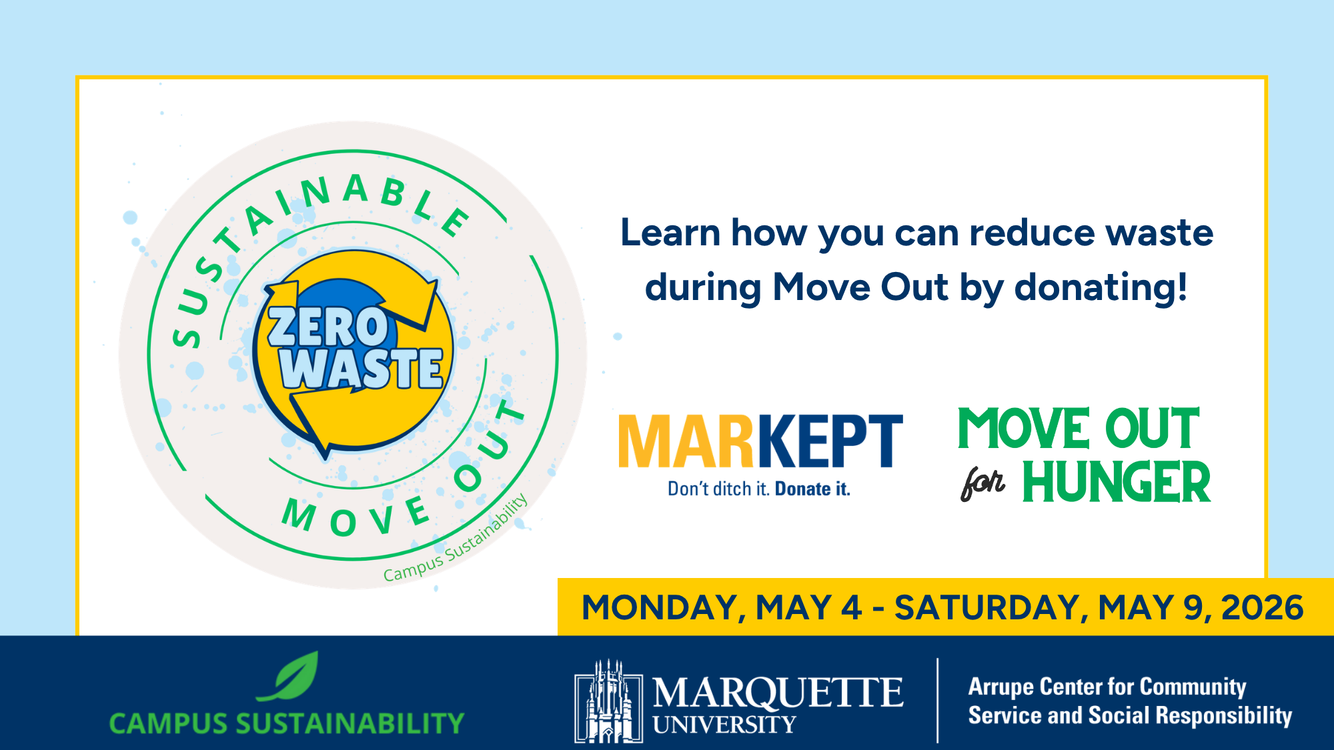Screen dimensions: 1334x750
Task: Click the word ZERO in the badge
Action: (327, 327)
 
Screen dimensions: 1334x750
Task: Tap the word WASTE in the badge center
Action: (362, 368)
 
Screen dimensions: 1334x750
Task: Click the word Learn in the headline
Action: (670, 233)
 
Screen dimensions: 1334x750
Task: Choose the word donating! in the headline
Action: (1101, 287)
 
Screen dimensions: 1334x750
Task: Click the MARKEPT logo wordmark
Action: (760, 441)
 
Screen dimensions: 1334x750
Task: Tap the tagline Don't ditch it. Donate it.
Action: (759, 489)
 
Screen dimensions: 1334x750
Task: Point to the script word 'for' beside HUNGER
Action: (982, 483)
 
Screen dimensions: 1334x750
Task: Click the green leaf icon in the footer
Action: (288, 676)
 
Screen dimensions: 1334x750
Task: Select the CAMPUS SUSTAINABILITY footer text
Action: (287, 723)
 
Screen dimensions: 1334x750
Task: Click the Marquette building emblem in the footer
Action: (608, 701)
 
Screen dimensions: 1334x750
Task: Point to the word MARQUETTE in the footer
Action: (778, 693)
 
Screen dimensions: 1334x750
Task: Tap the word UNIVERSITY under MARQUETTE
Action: (724, 725)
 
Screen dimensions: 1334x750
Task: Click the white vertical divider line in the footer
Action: (937, 701)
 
